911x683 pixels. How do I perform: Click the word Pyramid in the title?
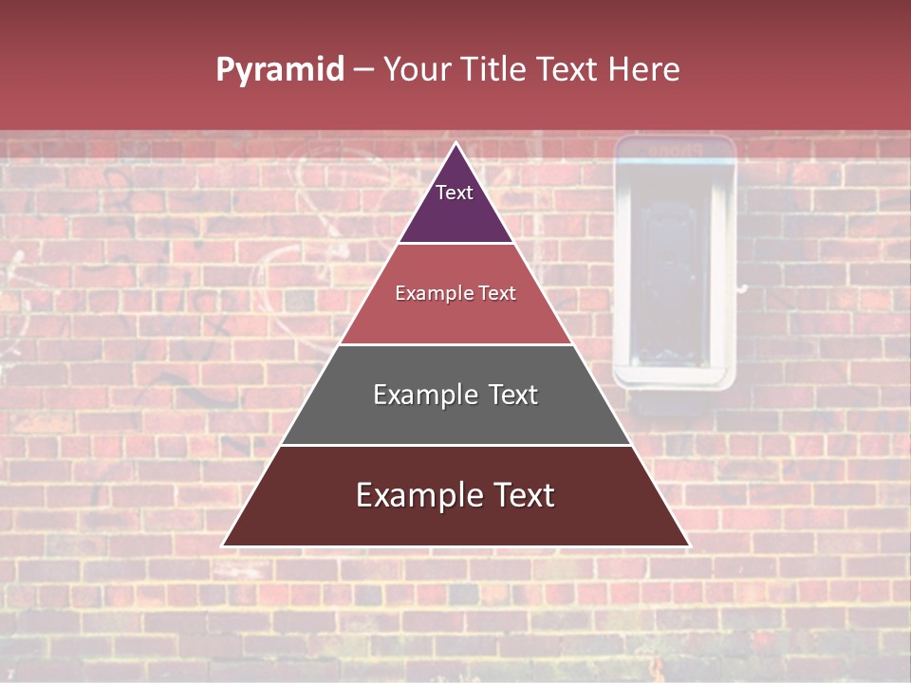(279, 70)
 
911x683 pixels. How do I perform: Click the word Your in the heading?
(418, 69)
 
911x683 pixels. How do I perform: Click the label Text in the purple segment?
(455, 193)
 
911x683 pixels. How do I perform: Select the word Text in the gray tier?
(509, 395)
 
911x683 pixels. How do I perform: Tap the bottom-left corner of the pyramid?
(224, 545)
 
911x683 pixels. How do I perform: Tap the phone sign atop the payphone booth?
(675, 150)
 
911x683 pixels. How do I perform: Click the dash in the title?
(363, 70)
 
